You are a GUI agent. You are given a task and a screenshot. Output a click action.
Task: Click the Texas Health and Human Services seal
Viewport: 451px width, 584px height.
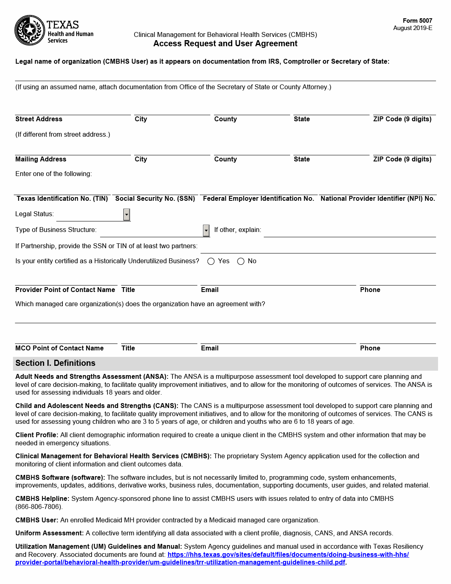pos(30,30)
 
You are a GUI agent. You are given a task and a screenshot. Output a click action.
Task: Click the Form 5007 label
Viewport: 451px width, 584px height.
pos(417,21)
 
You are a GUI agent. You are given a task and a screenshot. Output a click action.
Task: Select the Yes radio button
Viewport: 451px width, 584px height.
pos(211,261)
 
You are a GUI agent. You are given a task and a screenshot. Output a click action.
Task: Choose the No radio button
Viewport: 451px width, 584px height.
pos(241,261)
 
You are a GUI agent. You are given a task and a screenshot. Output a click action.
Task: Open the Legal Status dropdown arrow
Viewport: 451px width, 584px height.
pos(127,215)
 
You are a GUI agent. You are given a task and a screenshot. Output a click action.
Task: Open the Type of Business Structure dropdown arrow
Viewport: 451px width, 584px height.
pos(206,230)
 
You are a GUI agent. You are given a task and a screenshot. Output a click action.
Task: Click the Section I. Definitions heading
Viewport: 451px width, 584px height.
pos(56,363)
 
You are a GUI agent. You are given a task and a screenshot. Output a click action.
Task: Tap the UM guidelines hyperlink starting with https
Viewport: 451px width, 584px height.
pos(288,554)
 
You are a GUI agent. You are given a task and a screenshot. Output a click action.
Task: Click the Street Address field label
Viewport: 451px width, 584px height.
pos(39,119)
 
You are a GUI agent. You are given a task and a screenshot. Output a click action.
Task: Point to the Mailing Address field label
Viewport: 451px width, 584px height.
pos(41,159)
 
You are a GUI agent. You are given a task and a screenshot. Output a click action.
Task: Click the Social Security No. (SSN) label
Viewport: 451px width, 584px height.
pos(155,199)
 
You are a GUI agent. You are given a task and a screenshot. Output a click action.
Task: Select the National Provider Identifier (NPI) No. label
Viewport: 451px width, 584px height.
pos(378,199)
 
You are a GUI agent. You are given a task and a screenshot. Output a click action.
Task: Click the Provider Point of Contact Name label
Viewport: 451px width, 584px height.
pos(65,290)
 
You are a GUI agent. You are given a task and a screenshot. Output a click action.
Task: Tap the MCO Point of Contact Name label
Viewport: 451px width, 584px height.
pos(60,348)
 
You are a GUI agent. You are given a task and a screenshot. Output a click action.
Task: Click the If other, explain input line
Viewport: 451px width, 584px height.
pos(349,232)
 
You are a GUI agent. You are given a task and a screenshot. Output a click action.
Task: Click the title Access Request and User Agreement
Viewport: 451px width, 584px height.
pos(225,44)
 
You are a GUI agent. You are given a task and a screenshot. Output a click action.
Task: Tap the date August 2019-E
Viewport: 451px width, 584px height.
pos(413,28)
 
